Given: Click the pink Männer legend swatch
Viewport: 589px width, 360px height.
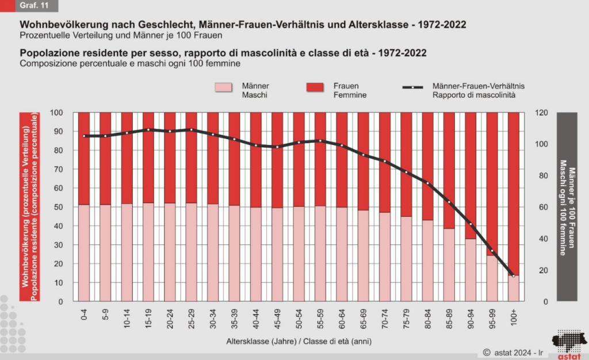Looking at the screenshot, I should tap(224, 87).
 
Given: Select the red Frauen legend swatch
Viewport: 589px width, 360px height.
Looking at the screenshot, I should tap(315, 87).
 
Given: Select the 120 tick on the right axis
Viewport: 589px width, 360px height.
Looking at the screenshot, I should tap(541, 113).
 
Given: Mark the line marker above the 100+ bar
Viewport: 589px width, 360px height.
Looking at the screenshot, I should tap(514, 276).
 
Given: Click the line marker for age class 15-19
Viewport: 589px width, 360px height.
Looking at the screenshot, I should tap(148, 129).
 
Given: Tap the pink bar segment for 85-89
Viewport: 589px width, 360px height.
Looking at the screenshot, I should tap(449, 265).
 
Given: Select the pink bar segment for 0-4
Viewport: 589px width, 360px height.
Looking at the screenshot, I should tap(84, 253).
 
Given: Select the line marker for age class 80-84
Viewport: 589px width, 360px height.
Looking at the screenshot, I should tap(428, 183).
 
